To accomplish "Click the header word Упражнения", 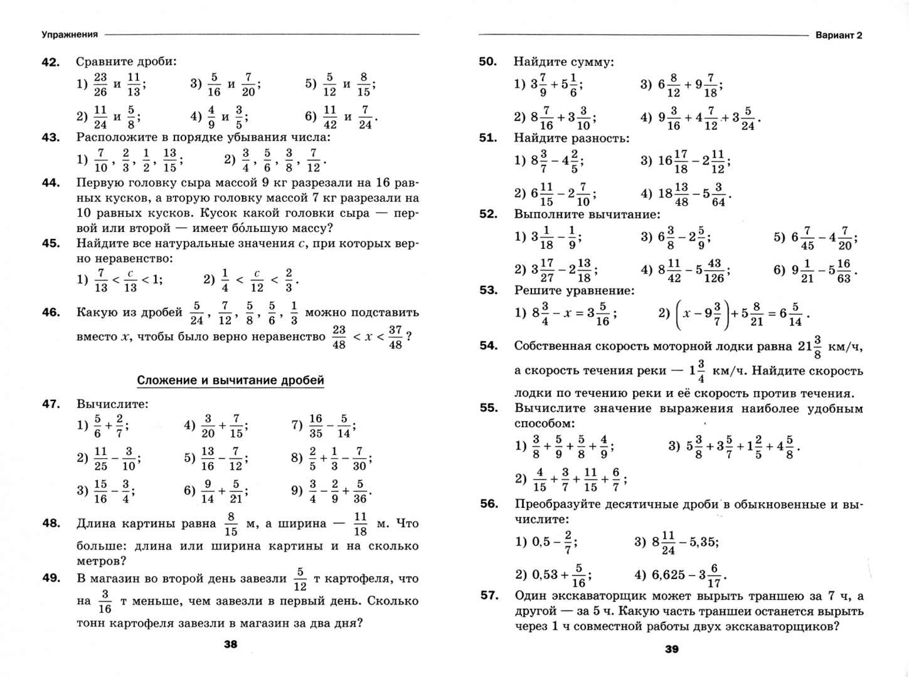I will (70, 34).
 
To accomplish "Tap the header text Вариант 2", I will (839, 35).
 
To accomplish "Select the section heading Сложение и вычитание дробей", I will (230, 380).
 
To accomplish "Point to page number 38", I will (230, 644).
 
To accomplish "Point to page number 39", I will (671, 649).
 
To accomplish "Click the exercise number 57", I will (489, 596).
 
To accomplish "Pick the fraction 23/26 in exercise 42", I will (100, 84).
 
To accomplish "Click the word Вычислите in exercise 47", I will (112, 404).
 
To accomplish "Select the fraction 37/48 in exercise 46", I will (395, 337).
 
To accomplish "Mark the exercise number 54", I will (488, 345).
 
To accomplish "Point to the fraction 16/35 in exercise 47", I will (316, 425).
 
